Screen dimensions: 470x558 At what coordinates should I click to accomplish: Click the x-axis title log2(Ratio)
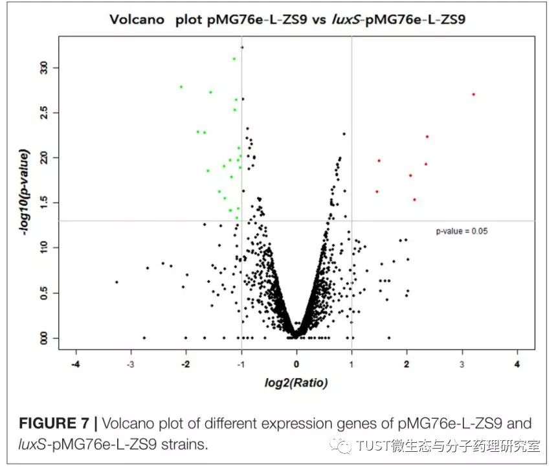click(x=296, y=383)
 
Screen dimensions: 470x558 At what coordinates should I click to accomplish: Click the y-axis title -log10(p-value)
click(x=24, y=192)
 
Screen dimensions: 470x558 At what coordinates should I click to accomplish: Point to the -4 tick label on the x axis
click(x=76, y=364)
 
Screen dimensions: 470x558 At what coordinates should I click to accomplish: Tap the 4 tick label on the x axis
click(x=517, y=364)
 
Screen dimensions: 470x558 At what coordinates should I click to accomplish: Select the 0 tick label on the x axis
click(x=296, y=364)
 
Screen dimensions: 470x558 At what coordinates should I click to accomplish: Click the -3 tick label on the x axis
click(x=131, y=364)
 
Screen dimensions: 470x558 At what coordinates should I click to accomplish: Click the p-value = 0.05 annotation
click(x=462, y=230)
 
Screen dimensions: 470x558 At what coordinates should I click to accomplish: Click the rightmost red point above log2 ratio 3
click(x=473, y=94)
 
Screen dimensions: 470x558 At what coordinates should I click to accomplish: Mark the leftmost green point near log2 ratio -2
click(x=181, y=86)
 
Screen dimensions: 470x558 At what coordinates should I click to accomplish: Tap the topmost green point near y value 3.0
click(x=234, y=59)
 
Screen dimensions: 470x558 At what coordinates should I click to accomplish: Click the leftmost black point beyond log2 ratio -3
click(x=117, y=282)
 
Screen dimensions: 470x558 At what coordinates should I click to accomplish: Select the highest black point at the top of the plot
click(x=242, y=47)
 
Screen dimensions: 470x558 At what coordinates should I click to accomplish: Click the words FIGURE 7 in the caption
click(x=54, y=424)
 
